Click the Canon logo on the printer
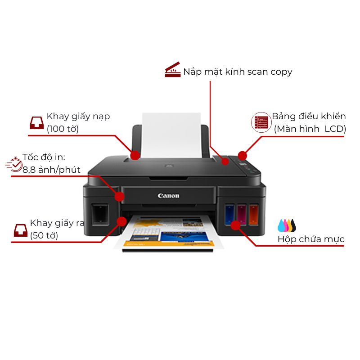click(168, 196)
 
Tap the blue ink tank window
click(229, 214)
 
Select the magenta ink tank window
click(242, 214)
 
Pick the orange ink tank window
click(254, 214)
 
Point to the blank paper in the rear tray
click(171, 135)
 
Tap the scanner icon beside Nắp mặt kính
click(173, 70)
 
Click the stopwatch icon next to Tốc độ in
click(14, 164)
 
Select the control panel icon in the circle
click(261, 122)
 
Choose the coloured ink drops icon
click(287, 225)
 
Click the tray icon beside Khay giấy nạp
click(37, 123)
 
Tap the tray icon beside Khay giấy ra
click(21, 230)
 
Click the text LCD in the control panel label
click(335, 129)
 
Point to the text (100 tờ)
click(63, 129)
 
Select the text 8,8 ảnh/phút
click(51, 170)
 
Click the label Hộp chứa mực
click(311, 239)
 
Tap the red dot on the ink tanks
click(235, 225)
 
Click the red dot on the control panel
click(242, 156)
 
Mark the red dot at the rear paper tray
click(135, 155)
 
